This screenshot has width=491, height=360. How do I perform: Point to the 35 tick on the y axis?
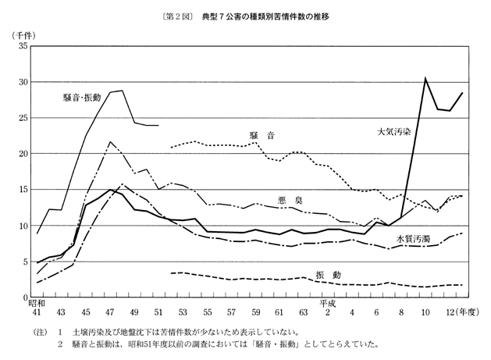pyautogui.click(x=23, y=47)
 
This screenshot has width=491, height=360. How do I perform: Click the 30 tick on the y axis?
pyautogui.click(x=23, y=83)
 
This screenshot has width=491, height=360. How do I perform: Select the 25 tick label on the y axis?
pyautogui.click(x=23, y=119)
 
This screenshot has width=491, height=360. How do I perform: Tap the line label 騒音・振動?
pyautogui.click(x=83, y=98)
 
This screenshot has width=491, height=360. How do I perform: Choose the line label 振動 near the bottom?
pyautogui.click(x=328, y=275)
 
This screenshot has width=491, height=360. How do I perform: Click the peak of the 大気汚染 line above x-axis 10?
pyautogui.click(x=425, y=78)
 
